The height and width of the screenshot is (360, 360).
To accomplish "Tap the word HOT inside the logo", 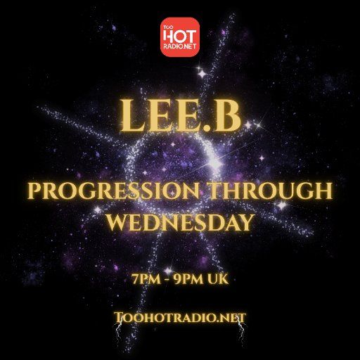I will [181, 34].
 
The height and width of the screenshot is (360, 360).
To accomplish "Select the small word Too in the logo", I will [167, 27].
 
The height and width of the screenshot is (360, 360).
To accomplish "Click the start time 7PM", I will [145, 279].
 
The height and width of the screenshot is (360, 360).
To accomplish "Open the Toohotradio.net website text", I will [179, 317].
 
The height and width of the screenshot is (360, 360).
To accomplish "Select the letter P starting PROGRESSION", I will [33, 192].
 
